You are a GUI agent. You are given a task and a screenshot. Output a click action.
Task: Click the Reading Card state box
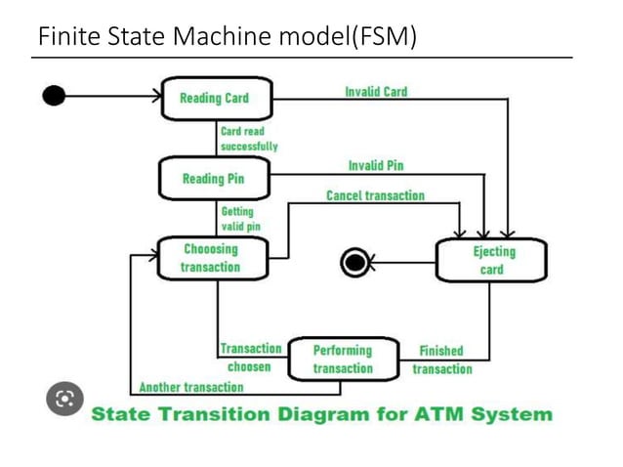click(x=216, y=98)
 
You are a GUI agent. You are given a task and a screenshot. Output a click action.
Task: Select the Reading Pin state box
click(x=214, y=179)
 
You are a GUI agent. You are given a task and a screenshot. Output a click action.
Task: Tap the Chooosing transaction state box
click(x=211, y=259)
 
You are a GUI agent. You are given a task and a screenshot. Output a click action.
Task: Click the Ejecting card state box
click(x=491, y=260)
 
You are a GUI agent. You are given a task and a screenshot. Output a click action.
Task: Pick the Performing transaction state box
click(x=343, y=360)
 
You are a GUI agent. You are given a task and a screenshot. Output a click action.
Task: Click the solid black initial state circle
click(x=55, y=95)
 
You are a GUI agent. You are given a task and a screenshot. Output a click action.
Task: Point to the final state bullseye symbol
click(x=353, y=262)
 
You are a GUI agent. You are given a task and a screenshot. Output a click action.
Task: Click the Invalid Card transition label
click(x=376, y=92)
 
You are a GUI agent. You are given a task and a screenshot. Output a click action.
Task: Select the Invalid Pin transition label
click(x=375, y=166)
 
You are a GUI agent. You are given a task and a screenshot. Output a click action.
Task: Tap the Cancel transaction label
click(x=375, y=195)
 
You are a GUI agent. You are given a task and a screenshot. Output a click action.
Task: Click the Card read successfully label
click(x=248, y=139)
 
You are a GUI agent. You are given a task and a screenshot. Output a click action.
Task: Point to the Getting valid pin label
click(x=240, y=219)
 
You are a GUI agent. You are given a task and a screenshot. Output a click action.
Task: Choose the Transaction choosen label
click(x=250, y=358)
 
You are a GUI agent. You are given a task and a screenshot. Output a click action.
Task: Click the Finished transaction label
click(x=441, y=360)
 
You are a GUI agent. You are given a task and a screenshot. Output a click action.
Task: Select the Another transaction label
click(x=190, y=388)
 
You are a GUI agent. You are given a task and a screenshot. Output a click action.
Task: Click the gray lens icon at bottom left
click(x=65, y=399)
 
